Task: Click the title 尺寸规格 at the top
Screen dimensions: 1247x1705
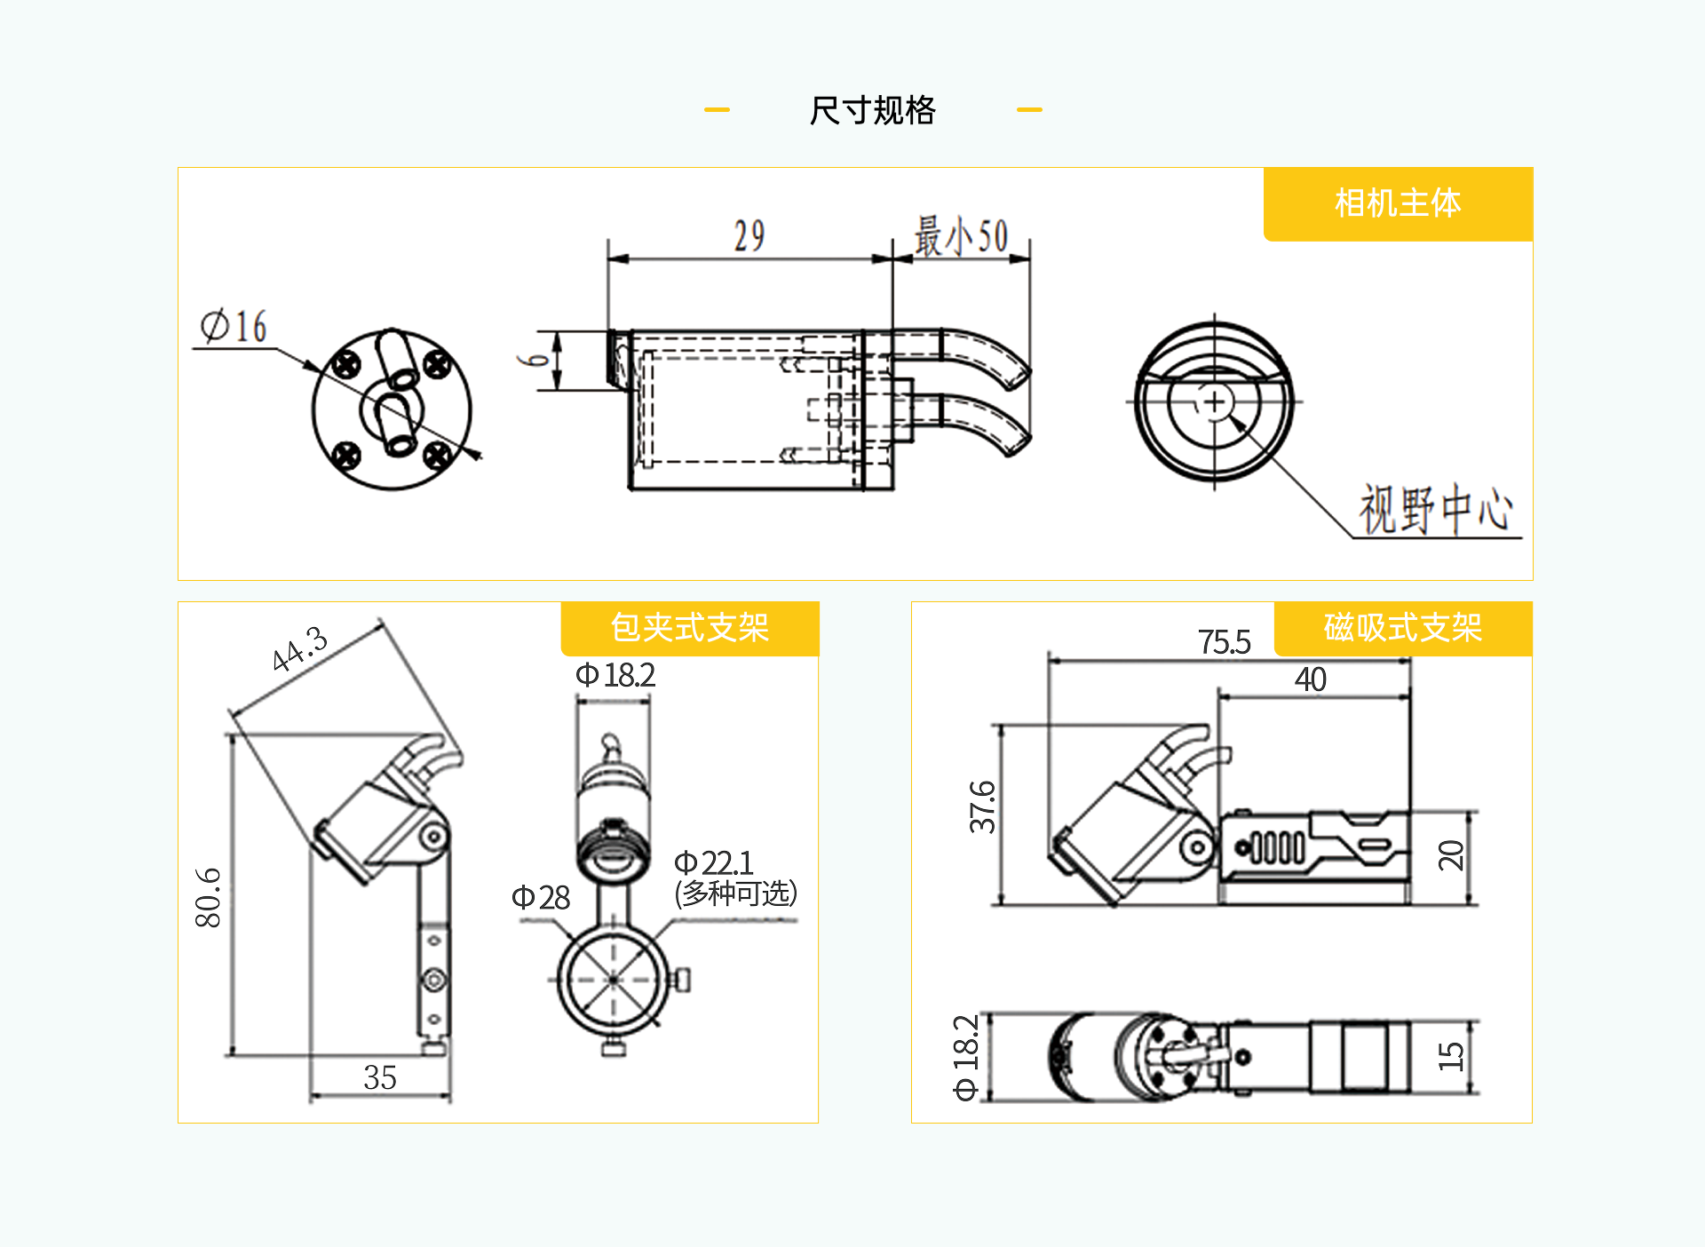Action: pyautogui.click(x=872, y=110)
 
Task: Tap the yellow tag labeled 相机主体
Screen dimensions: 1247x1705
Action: pyautogui.click(x=1398, y=203)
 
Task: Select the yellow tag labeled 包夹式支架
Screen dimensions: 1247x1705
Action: pyautogui.click(x=689, y=628)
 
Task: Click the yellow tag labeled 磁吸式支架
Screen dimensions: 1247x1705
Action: pyautogui.click(x=1402, y=628)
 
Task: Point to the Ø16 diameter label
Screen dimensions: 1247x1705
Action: pyautogui.click(x=234, y=326)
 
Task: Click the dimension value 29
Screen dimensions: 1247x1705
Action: pyautogui.click(x=749, y=236)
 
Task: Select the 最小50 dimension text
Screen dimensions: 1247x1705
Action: pyautogui.click(x=962, y=237)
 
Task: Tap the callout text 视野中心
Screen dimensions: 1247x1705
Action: pyautogui.click(x=1435, y=510)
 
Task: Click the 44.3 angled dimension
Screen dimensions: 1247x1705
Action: pyautogui.click(x=300, y=648)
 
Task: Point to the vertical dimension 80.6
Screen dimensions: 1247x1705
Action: pyautogui.click(x=208, y=897)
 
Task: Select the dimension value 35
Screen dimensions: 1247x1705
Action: pyautogui.click(x=380, y=1077)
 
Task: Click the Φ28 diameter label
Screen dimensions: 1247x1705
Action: pyautogui.click(x=540, y=897)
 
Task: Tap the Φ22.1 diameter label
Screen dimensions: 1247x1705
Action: pyautogui.click(x=713, y=862)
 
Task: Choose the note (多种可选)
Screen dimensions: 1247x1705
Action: pyautogui.click(x=735, y=893)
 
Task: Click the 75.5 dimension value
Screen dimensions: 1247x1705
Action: pyautogui.click(x=1224, y=641)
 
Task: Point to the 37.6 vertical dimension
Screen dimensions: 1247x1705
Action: pyautogui.click(x=982, y=806)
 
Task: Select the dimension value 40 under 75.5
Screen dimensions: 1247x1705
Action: pyautogui.click(x=1310, y=679)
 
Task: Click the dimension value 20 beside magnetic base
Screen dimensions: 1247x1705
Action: pyautogui.click(x=1450, y=854)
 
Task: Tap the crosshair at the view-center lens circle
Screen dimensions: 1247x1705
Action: pyautogui.click(x=1214, y=402)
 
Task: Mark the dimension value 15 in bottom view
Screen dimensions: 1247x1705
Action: pyautogui.click(x=1450, y=1056)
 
